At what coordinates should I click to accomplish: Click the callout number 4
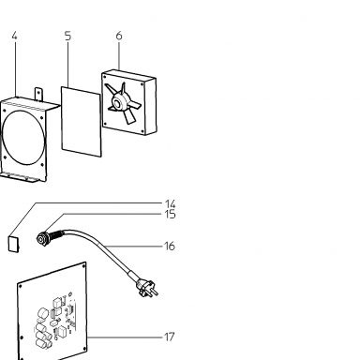click(x=14, y=36)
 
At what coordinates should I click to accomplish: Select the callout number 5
click(x=67, y=36)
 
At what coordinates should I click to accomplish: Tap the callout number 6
click(x=119, y=36)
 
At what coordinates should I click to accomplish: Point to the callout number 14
click(x=171, y=204)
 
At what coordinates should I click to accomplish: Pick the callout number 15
click(x=171, y=215)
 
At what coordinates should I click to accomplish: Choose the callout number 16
click(x=170, y=247)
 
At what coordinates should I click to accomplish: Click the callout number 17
click(x=169, y=337)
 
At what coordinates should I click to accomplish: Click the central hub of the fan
click(x=118, y=102)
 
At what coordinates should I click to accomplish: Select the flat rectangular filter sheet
click(x=82, y=122)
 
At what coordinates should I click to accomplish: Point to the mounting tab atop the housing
click(x=38, y=94)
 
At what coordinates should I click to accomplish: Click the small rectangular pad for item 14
click(x=13, y=244)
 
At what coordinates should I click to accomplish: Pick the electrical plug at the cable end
click(x=146, y=288)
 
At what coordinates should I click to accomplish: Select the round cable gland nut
click(x=41, y=239)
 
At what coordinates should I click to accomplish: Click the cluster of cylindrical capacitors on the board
click(x=44, y=328)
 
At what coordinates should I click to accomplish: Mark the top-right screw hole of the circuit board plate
click(x=83, y=266)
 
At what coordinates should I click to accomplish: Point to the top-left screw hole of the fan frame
click(x=106, y=76)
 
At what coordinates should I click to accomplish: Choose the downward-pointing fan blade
click(x=128, y=116)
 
